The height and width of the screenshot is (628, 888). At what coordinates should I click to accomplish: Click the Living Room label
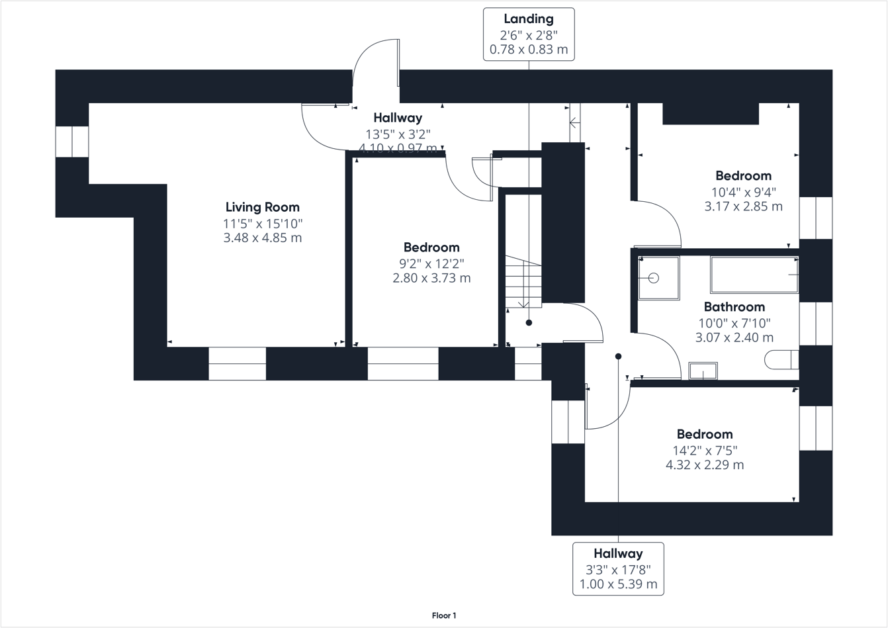coord(262,207)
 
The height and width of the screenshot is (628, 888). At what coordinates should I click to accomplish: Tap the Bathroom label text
coord(734,307)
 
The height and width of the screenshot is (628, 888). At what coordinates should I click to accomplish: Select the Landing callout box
coord(528,34)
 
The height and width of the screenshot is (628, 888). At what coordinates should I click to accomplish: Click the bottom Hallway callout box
coord(618,568)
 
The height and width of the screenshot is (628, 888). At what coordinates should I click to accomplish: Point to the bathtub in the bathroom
coord(754,275)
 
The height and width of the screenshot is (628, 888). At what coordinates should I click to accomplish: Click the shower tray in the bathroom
coord(658,278)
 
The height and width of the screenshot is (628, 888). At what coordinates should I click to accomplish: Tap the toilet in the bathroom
coord(781,359)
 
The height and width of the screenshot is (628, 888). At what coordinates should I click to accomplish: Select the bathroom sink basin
coord(703,371)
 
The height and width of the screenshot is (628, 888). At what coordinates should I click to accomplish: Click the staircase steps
coord(523,282)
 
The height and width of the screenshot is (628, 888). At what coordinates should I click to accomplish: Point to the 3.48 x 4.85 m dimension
coord(262,238)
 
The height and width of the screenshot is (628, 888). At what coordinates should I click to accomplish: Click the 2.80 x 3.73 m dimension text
coord(431,278)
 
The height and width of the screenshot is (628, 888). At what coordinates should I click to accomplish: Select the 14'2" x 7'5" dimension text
coord(705,451)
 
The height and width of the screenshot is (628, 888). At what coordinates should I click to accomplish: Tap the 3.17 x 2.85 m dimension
coord(743,206)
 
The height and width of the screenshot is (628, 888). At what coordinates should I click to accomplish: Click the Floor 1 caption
coord(444,615)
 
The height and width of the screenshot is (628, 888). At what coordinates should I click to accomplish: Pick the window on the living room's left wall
coord(71,142)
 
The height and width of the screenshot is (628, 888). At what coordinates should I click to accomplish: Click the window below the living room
coord(237,363)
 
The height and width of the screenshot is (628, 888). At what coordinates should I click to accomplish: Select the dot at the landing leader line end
coord(529,323)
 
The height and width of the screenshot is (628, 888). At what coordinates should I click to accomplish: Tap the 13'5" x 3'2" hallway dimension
coord(398,134)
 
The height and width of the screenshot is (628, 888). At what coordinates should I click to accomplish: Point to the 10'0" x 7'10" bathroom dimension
coord(734,323)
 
